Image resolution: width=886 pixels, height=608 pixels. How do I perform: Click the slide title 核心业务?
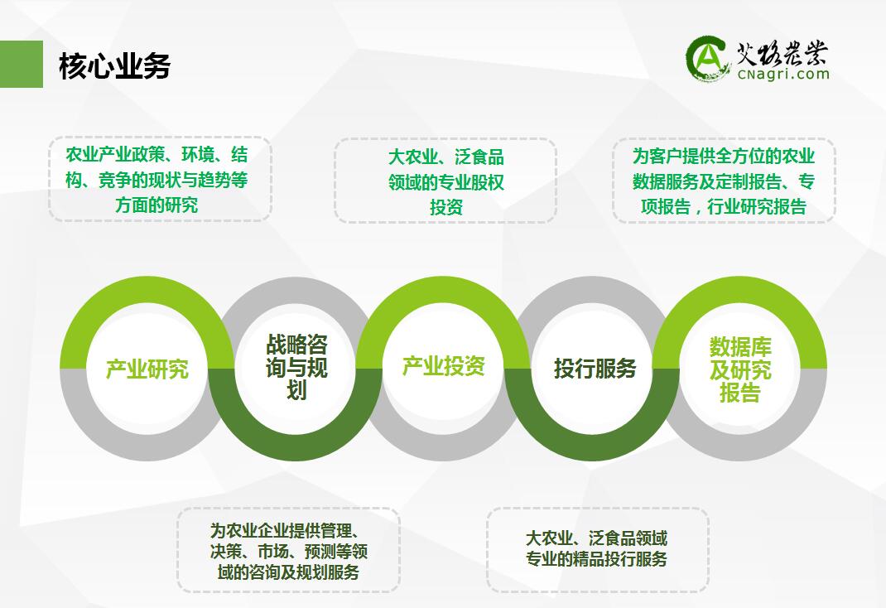[x=115, y=65]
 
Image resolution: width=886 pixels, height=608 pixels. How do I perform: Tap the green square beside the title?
[x=22, y=64]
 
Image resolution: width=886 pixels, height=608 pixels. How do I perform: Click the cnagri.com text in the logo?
[x=783, y=74]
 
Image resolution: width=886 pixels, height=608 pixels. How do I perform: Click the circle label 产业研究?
[x=147, y=369]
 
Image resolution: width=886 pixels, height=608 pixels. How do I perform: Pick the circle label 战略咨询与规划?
[x=296, y=367]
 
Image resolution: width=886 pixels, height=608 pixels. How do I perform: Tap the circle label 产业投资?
[x=444, y=366]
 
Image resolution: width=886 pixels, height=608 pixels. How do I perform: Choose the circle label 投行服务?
[x=595, y=369]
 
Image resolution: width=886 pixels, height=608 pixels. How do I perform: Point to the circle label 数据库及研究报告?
[x=740, y=369]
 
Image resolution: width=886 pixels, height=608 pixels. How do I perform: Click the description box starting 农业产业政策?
[x=160, y=179]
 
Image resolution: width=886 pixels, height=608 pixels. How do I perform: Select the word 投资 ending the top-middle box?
[x=446, y=207]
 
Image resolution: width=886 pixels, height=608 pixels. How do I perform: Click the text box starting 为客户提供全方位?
[x=724, y=181]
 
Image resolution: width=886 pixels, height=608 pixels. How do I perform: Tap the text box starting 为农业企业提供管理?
[x=289, y=550]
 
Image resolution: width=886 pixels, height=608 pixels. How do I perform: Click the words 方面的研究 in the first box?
[x=156, y=205]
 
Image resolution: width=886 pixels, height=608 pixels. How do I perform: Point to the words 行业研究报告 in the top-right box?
[x=757, y=207]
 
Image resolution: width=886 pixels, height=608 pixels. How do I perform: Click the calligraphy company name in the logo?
[x=782, y=54]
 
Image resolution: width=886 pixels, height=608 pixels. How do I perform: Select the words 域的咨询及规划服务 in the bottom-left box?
[x=289, y=572]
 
